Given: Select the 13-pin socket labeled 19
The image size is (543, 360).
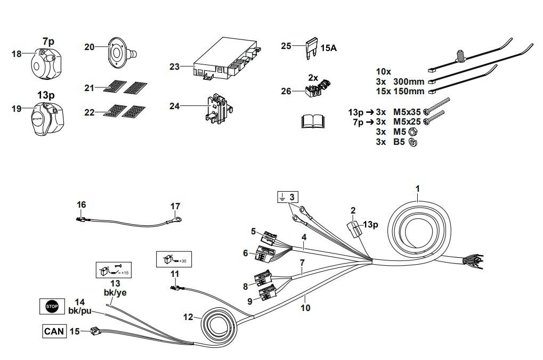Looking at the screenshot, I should click(48, 119).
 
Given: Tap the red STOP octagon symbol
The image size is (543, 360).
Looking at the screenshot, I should click(52, 306).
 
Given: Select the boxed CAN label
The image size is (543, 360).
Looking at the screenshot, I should click(54, 331).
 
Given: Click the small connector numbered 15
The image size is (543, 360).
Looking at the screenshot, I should click(95, 331).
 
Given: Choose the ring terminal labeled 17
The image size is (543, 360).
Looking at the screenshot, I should click(173, 217).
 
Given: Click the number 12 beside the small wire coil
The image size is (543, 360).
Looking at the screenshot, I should click(188, 317).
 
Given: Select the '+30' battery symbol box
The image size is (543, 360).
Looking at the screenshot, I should click(173, 259).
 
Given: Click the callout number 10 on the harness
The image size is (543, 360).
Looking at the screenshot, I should click(305, 308).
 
